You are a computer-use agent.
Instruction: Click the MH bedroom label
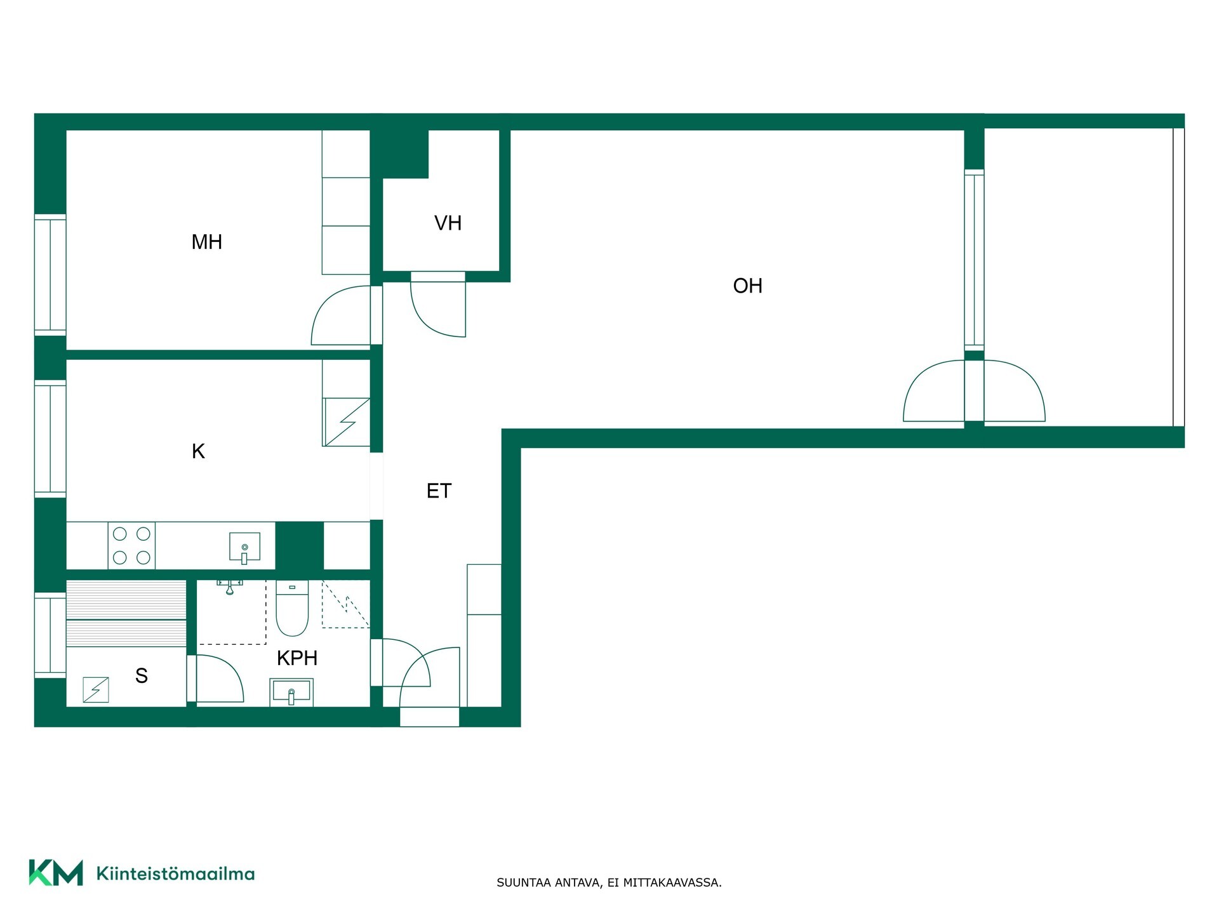[x=207, y=242]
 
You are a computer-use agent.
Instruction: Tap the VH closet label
[x=448, y=223]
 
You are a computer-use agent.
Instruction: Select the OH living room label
[x=747, y=286]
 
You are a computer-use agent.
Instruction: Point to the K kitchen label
[x=198, y=451]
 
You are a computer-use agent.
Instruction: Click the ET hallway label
[x=439, y=491]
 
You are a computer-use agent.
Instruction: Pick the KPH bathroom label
[x=297, y=658]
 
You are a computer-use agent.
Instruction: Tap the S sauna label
[x=142, y=675]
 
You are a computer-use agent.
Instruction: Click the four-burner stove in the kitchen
[x=131, y=545]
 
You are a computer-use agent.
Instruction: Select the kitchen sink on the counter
[x=244, y=548]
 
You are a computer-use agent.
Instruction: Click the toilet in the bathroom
[x=292, y=608]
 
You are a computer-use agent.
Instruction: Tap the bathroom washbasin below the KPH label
[x=291, y=692]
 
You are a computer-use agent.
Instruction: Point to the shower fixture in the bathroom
[x=230, y=586]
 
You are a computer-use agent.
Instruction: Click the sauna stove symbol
[x=96, y=690]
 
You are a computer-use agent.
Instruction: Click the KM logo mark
[x=56, y=873]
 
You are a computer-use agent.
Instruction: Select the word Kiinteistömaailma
[x=175, y=874]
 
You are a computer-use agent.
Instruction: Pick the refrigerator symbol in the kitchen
[x=346, y=422]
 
